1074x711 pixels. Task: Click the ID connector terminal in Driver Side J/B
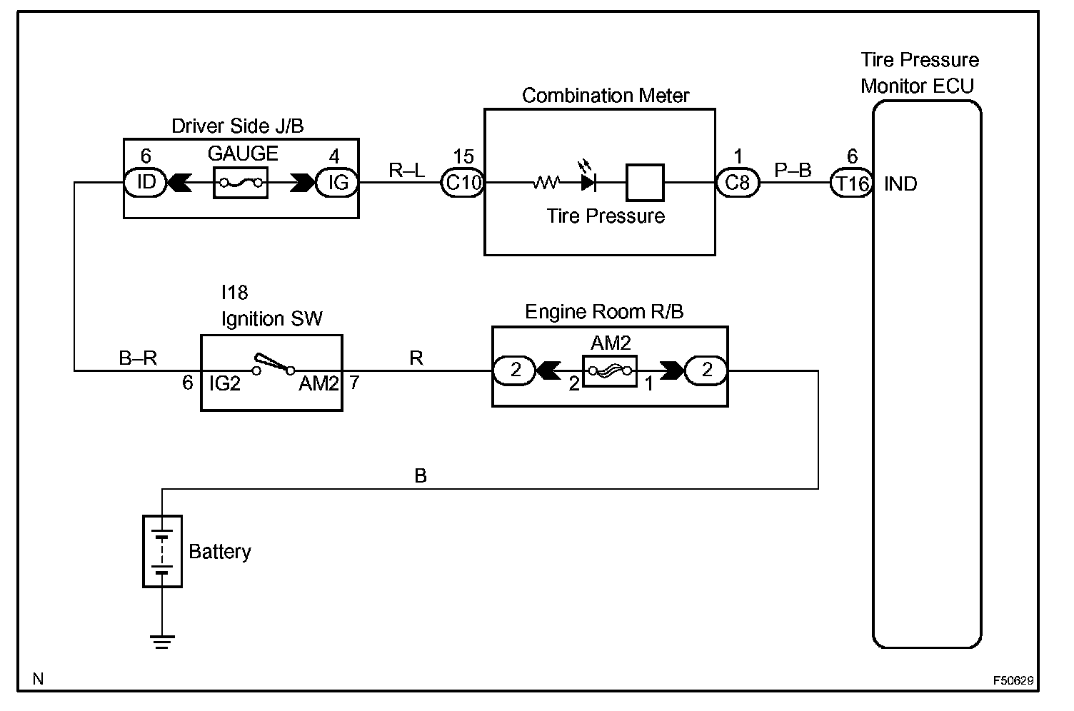pyautogui.click(x=146, y=183)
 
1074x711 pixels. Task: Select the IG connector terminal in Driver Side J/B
pyautogui.click(x=337, y=183)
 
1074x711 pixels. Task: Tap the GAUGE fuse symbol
pyautogui.click(x=241, y=183)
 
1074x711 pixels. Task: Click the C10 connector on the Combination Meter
pyautogui.click(x=463, y=183)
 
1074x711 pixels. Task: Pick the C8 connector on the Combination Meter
pyautogui.click(x=738, y=183)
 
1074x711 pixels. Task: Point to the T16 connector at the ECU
pyautogui.click(x=852, y=183)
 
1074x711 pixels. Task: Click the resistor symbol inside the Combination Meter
pyautogui.click(x=546, y=183)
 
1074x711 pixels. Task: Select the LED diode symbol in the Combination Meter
pyautogui.click(x=588, y=181)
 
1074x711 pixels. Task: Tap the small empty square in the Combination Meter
pyautogui.click(x=645, y=183)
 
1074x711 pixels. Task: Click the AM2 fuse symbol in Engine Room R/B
pyautogui.click(x=610, y=370)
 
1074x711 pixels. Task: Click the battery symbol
pyautogui.click(x=163, y=551)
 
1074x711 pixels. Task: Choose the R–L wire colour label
pyautogui.click(x=406, y=170)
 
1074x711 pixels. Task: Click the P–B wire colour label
pyautogui.click(x=793, y=170)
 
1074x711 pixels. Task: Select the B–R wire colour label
pyautogui.click(x=138, y=358)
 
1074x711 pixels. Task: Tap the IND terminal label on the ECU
pyautogui.click(x=900, y=184)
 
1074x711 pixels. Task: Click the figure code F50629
pyautogui.click(x=1012, y=680)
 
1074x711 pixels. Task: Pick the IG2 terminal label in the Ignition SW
pyautogui.click(x=224, y=384)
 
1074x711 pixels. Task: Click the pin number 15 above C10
pyautogui.click(x=463, y=157)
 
